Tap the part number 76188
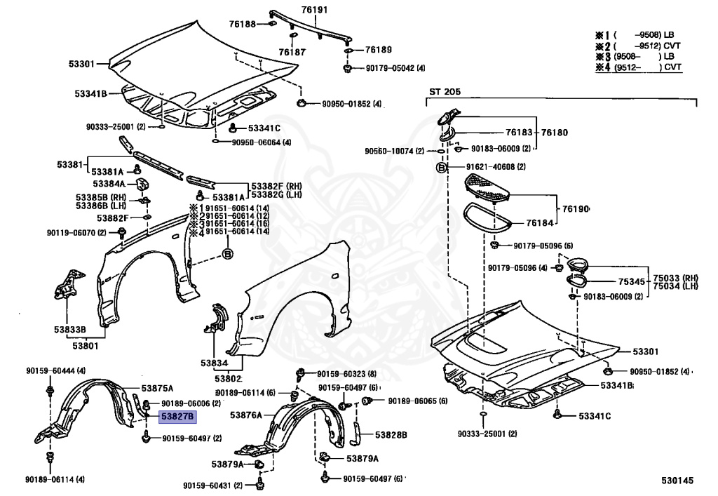pos(242,25)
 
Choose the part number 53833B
pos(71,329)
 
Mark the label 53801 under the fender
pos(86,345)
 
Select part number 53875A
pos(157,388)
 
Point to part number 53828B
pos(391,435)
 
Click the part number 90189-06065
pos(407,401)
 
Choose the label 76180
pos(553,132)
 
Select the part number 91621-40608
pos(491,167)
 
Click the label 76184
pos(541,223)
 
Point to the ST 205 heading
pos(445,91)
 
